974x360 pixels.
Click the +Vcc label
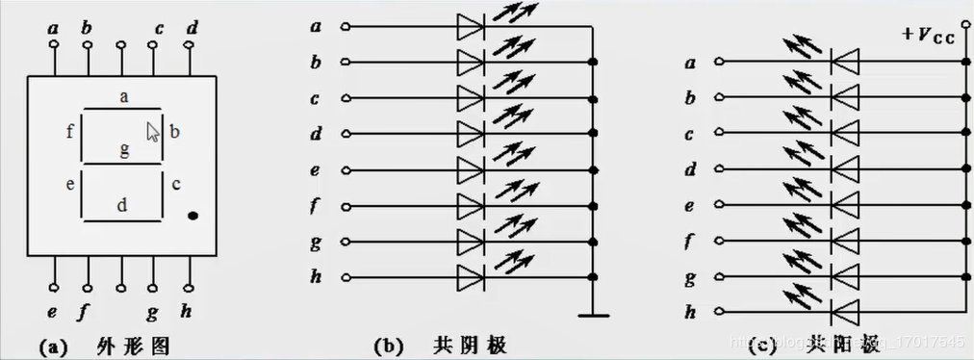(x=929, y=38)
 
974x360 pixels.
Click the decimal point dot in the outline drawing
(x=192, y=216)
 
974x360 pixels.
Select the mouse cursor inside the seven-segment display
(x=152, y=131)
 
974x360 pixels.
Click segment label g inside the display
(x=123, y=148)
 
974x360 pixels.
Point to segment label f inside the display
(x=69, y=132)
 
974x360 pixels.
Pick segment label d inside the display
(x=121, y=204)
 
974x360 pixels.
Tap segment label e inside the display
(x=69, y=183)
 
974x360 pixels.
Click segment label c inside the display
(x=175, y=183)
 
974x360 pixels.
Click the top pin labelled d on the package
(x=192, y=29)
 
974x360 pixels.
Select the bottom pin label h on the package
(x=188, y=311)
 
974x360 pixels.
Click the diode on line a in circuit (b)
(x=470, y=28)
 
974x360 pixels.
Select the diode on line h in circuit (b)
(x=470, y=276)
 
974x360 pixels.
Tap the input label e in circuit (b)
(x=316, y=169)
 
